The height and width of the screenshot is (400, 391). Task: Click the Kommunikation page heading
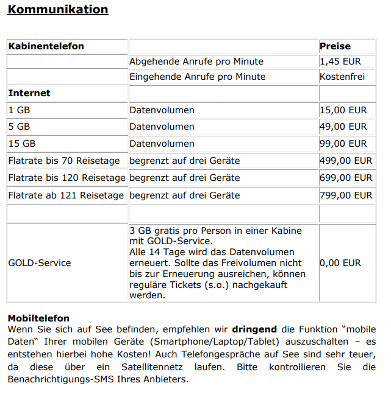[x=58, y=10]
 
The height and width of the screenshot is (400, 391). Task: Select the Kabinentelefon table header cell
[x=46, y=46]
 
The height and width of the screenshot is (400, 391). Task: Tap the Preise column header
[x=335, y=46]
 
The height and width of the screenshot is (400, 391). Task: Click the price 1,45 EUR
[x=340, y=61]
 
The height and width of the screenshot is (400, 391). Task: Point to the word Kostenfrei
[x=342, y=77]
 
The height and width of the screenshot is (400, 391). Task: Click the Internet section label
[x=29, y=93]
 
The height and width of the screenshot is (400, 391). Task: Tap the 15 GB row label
[x=21, y=144]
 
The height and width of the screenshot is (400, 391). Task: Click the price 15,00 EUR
[x=343, y=110]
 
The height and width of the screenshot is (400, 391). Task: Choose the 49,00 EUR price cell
[x=343, y=127]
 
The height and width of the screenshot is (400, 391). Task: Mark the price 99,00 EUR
[x=343, y=144]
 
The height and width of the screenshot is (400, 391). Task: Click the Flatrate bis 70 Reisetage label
[x=64, y=161]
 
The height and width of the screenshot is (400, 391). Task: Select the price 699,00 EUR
[x=345, y=178]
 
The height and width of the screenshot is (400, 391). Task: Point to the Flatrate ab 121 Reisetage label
[x=66, y=195]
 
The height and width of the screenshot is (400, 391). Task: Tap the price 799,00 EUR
[x=345, y=195]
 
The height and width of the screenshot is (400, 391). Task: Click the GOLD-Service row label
[x=39, y=263]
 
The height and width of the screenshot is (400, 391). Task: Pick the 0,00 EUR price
[x=340, y=263]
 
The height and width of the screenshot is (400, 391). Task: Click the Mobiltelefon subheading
[x=38, y=318]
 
